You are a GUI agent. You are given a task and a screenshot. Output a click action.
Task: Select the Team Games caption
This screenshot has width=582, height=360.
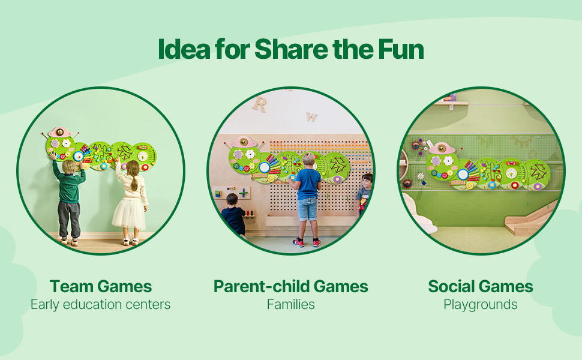(x=101, y=287)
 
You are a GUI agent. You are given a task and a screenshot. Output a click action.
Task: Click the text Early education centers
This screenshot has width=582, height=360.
(x=101, y=305)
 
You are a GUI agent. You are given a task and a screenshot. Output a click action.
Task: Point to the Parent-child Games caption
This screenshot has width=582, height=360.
(x=290, y=287)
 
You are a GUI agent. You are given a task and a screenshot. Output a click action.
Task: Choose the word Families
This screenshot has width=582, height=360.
(x=290, y=305)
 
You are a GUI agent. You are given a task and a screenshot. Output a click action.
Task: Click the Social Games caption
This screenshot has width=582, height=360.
(x=480, y=287)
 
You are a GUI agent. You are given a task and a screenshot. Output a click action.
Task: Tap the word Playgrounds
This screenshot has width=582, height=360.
(x=480, y=305)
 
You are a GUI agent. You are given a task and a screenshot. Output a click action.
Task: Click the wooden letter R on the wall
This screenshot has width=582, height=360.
(x=259, y=104)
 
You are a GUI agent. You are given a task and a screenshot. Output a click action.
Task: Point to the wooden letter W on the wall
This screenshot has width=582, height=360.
(x=311, y=117)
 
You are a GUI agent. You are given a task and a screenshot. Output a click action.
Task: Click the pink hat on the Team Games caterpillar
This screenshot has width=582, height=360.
(x=59, y=133)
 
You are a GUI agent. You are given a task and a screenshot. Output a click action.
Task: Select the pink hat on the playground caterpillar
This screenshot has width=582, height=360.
(x=442, y=148)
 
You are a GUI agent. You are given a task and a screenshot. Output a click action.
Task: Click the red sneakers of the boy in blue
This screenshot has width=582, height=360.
(x=307, y=242)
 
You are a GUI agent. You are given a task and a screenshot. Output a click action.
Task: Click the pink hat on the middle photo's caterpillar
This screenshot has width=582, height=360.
(x=243, y=142)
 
